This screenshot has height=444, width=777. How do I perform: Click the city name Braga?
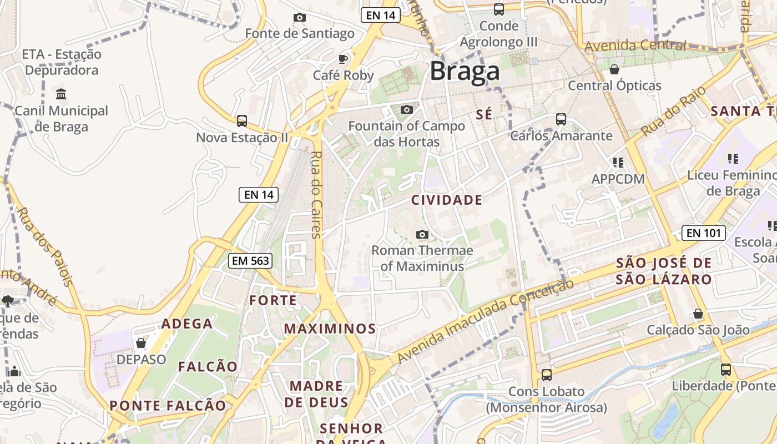point(465,72)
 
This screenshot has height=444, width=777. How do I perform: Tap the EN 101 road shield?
point(703,233)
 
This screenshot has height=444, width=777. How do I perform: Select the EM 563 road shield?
point(250,260)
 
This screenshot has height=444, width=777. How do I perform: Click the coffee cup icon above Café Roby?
point(343,59)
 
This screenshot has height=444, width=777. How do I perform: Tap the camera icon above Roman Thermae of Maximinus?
point(422,234)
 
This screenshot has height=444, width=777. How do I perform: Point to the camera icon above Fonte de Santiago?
point(300,18)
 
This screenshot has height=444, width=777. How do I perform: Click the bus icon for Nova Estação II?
point(241,120)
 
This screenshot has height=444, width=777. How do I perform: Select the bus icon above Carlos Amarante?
point(561,119)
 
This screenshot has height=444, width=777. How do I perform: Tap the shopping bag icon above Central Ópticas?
point(614,69)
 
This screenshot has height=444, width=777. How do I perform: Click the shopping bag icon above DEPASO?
point(141,343)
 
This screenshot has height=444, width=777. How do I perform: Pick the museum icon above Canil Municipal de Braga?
point(62,94)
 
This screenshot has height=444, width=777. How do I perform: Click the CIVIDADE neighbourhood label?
point(447,200)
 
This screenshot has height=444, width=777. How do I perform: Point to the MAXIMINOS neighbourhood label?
point(330,329)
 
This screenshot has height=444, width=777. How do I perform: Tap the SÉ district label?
point(484,114)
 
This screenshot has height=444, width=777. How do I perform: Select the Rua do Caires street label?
point(316,195)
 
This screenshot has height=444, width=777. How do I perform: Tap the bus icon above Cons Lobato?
point(547,375)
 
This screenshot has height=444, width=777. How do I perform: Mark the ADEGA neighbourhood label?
point(187,324)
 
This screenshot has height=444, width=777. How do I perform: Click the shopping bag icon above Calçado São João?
point(698,314)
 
